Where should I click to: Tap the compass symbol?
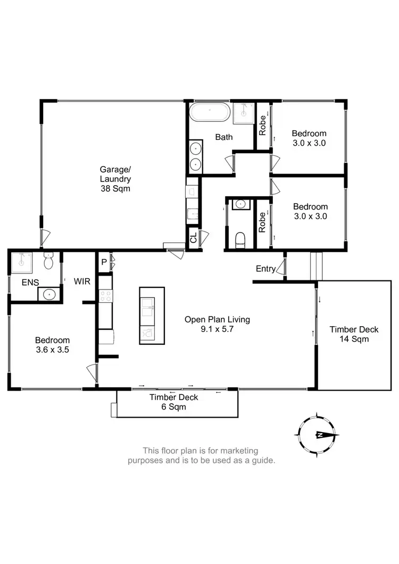pos(318,434)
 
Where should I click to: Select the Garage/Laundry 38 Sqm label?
pos(115,179)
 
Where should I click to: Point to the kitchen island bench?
pos(152,316)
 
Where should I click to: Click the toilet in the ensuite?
pos(48,262)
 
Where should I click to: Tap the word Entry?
pos(265,269)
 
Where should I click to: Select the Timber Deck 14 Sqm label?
pos(354,334)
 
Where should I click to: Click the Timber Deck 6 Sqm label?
pos(173,402)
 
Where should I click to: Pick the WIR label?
pos(82,280)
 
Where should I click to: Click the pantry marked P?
pos(104,262)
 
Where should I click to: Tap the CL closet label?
pos(193,238)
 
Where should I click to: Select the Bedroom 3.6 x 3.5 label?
pos(52,345)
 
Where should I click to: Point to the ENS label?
pos(30,283)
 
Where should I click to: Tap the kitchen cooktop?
pos(105,296)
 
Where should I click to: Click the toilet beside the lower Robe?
pos(239,240)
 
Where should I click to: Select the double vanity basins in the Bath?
pos(196,156)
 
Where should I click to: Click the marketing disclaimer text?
pos(201,455)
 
